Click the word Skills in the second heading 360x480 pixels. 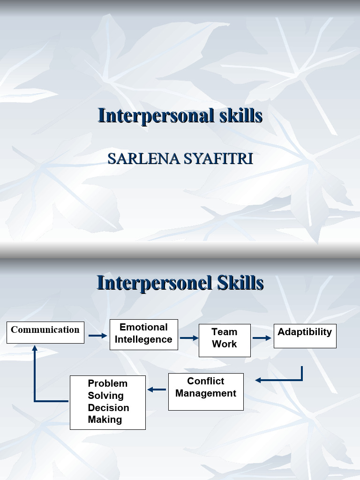[240, 283]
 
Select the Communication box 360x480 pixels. [45, 332]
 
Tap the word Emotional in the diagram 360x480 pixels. [143, 328]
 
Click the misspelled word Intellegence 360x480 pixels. [143, 340]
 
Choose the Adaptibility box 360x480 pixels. [305, 335]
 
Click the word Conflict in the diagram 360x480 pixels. [205, 381]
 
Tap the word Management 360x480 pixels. [205, 393]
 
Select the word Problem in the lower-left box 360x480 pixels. [108, 383]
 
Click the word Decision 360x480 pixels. [108, 408]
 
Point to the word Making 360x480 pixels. [105, 420]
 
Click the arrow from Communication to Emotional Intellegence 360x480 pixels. [98, 336]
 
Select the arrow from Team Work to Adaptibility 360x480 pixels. [262, 338]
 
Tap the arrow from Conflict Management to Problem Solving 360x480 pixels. [157, 390]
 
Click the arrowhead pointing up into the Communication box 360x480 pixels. [35, 348]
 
